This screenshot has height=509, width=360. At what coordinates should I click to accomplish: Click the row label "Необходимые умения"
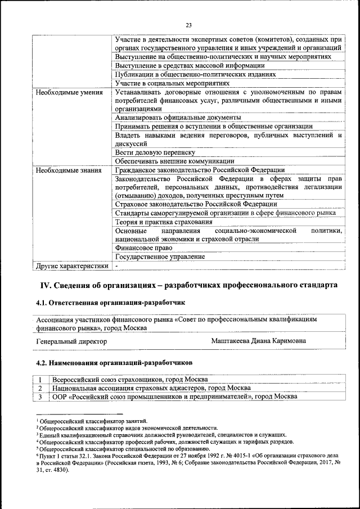[x=69, y=92]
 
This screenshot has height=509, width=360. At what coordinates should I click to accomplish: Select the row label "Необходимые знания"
[x=68, y=170]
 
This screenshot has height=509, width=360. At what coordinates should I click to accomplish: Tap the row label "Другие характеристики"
[x=71, y=265]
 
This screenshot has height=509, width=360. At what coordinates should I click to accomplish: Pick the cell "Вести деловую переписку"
[x=155, y=152]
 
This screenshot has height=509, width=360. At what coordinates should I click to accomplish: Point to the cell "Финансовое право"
[x=143, y=247]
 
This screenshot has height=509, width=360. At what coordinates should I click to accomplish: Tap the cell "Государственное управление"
[x=159, y=256]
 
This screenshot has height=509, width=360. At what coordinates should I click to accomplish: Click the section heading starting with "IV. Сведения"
[x=187, y=286]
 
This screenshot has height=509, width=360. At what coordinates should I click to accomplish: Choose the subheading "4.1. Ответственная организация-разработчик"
[x=110, y=303]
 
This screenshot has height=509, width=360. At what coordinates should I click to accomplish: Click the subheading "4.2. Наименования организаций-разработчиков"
[x=114, y=357]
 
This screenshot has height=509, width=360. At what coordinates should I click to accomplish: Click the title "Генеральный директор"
[x=71, y=341]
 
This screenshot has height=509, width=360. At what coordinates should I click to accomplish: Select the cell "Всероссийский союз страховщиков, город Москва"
[x=129, y=380]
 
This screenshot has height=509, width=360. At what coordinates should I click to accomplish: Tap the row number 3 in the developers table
[x=40, y=397]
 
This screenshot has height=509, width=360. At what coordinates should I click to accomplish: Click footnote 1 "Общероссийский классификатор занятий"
[x=93, y=421]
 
